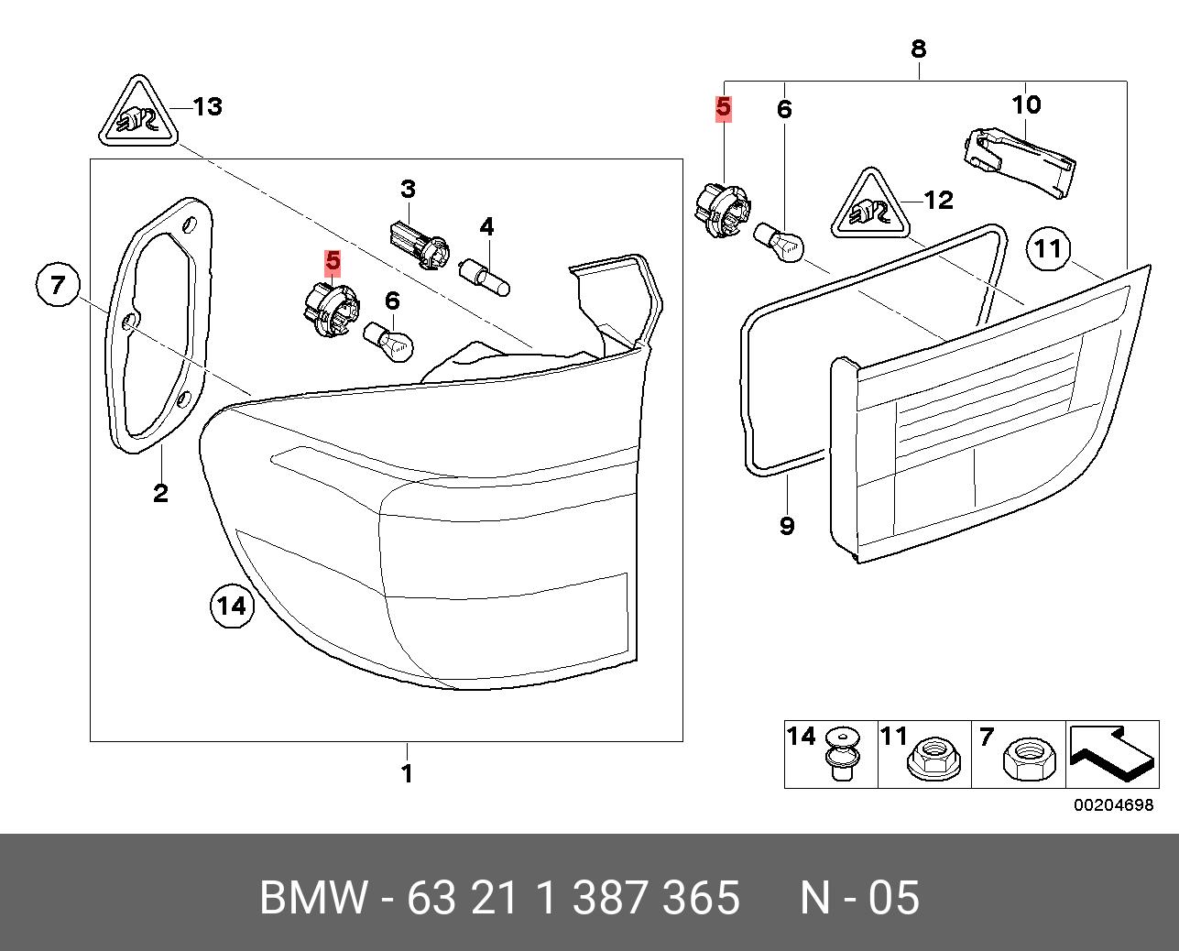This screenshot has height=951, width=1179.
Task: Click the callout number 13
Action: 208,107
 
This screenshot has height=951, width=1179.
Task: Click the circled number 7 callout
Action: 58,285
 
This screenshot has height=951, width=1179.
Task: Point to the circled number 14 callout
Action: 231,606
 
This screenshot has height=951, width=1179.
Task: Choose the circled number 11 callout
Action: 1048,248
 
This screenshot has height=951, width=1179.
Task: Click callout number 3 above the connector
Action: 408,190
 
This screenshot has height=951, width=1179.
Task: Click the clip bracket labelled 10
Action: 1021,161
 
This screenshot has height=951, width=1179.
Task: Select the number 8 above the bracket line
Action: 919,49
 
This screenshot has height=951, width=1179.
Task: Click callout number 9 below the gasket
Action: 787,526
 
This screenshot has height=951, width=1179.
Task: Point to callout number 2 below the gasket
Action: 160,494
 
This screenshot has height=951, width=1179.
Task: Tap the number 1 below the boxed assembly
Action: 407,774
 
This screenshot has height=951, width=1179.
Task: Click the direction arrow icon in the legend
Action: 1110,753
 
